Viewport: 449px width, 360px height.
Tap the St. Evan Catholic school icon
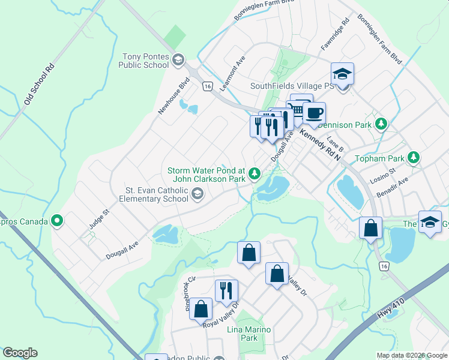pyautogui.click(x=197, y=194)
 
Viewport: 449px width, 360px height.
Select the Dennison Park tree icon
pyautogui.click(x=380, y=124)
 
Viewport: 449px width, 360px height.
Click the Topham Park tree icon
pyautogui.click(x=413, y=157)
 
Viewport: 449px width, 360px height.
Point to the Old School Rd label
pyautogui.click(x=39, y=85)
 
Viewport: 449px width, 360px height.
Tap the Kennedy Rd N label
pyautogui.click(x=320, y=145)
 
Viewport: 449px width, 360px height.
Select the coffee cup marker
pyautogui.click(x=313, y=112)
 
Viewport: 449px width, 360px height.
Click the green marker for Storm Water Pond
pyautogui.click(x=255, y=174)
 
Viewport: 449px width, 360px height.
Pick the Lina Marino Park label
pyautogui.click(x=249, y=334)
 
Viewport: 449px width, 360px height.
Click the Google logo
pyautogui.click(x=20, y=352)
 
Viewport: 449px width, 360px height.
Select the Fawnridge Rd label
pyautogui.click(x=336, y=34)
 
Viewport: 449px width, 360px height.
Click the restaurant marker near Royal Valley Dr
pyautogui.click(x=226, y=290)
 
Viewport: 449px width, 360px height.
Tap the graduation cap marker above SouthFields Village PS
pyautogui.click(x=342, y=74)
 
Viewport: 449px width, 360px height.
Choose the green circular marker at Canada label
pyautogui.click(x=57, y=221)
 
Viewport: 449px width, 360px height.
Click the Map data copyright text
pyautogui.click(x=411, y=355)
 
